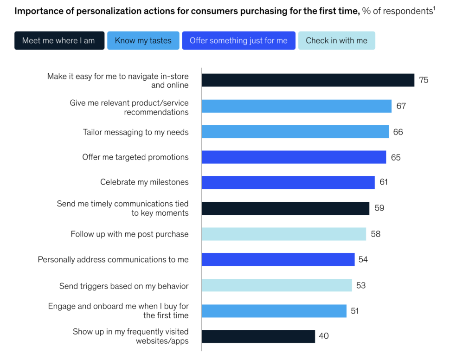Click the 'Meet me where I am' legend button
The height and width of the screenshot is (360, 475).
tap(59, 40)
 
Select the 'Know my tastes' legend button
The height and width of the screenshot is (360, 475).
tap(143, 40)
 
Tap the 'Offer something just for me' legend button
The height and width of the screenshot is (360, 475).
tap(238, 40)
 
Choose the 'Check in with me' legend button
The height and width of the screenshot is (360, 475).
tap(336, 40)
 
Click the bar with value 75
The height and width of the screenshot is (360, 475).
tap(308, 80)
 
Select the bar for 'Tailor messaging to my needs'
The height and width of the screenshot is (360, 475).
tap(295, 132)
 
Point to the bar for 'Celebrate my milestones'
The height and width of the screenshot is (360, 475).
tap(288, 182)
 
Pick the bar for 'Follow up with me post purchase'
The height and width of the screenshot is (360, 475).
tap(283, 234)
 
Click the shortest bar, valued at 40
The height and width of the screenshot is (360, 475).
tap(258, 336)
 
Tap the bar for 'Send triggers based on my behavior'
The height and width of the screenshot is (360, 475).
tap(276, 285)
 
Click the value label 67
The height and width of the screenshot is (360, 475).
tap(401, 106)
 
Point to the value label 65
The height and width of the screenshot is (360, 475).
tap(396, 157)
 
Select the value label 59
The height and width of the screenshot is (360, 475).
tap(379, 208)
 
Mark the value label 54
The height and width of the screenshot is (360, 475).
tap(363, 259)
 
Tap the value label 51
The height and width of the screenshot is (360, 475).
tap(355, 311)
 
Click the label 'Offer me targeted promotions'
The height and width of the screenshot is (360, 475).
tap(135, 157)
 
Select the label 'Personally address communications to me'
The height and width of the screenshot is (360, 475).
tap(113, 259)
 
